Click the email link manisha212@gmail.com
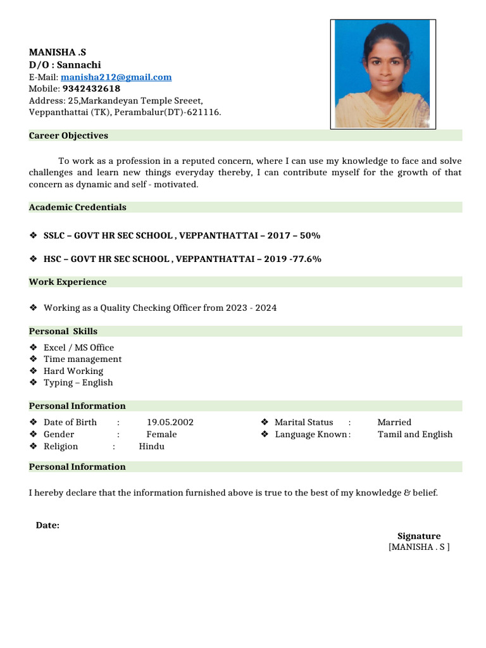pyautogui.click(x=116, y=77)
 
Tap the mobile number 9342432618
pyautogui.click(x=91, y=89)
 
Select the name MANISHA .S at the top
pyautogui.click(x=58, y=53)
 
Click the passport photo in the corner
pyautogui.click(x=382, y=73)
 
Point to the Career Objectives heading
pyautogui.click(x=68, y=135)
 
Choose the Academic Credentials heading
pyautogui.click(x=77, y=207)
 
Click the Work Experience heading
pyautogui.click(x=68, y=282)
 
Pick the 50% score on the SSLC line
pyautogui.click(x=310, y=235)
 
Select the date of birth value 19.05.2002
pyautogui.click(x=170, y=422)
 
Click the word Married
pyautogui.click(x=394, y=422)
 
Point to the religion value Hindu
pyautogui.click(x=151, y=446)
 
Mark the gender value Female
pyautogui.click(x=161, y=434)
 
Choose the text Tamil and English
pyautogui.click(x=415, y=434)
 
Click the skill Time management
pyautogui.click(x=82, y=359)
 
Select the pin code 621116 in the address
pyautogui.click(x=205, y=112)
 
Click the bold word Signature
pyautogui.click(x=419, y=536)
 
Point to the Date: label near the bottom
pyautogui.click(x=47, y=525)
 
